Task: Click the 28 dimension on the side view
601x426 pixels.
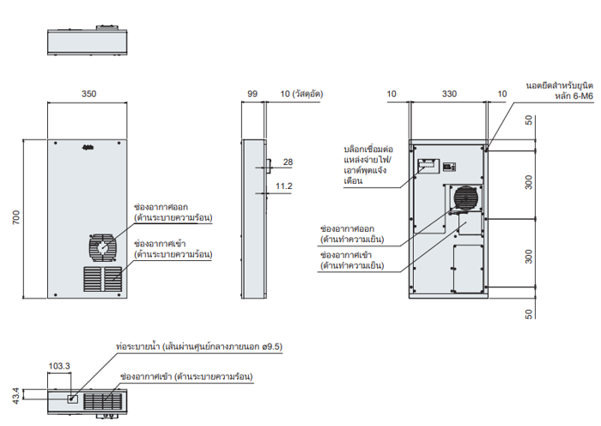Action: (288, 162)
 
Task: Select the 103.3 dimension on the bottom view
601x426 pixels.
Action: (59, 366)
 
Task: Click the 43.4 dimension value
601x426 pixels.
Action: (15, 397)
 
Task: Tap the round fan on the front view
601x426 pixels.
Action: (101, 247)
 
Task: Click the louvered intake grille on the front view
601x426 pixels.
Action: (102, 278)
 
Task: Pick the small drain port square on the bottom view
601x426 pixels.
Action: (71, 398)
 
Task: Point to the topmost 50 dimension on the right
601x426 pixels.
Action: (529, 120)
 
